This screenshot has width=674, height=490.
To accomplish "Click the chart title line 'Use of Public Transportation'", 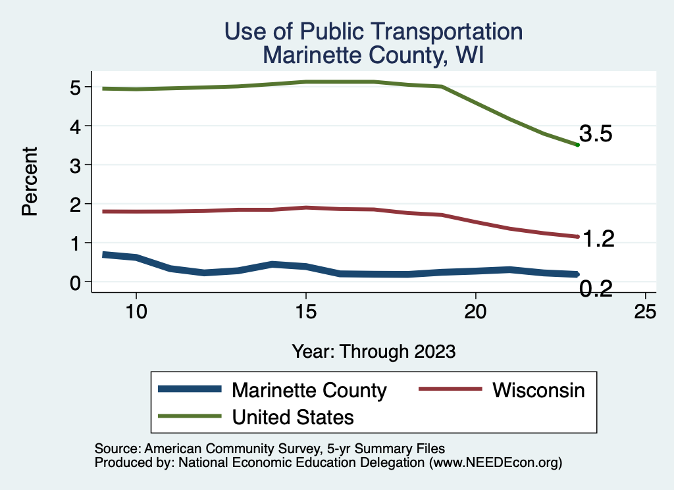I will coord(373,31).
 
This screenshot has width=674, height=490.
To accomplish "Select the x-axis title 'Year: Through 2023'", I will coord(374,351).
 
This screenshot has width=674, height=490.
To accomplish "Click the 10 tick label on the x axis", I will coord(136,312).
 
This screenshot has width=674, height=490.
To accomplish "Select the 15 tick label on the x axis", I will coord(305,312).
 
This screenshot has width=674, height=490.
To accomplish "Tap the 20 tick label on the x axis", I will coord(475,312).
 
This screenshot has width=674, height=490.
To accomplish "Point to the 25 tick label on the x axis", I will coord(645,312).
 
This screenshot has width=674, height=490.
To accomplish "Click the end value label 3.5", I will coord(596,135).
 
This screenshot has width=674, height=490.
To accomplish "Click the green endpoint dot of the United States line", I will coord(577,145).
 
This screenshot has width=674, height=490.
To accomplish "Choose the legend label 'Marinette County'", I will coord(309,390).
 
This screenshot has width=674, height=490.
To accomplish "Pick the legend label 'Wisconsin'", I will coord(538,390).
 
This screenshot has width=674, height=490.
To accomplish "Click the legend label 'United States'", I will coord(293,416).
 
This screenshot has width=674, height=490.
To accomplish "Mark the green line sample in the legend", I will coord(190,416).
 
